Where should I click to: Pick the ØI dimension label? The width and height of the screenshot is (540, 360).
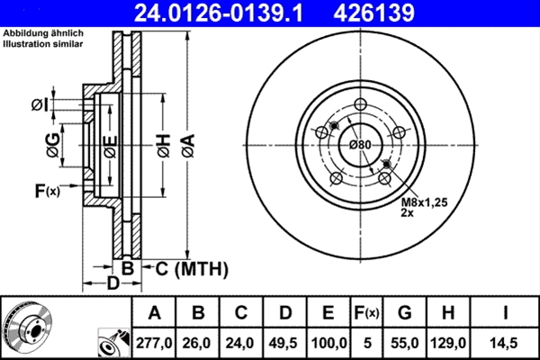coord(39,105)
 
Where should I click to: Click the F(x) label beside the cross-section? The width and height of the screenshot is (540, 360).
coord(46,191)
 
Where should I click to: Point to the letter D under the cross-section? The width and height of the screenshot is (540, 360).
coord(113,285)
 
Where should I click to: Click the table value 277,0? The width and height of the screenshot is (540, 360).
coord(154,342)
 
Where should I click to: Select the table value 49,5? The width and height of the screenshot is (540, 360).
coord(284,342)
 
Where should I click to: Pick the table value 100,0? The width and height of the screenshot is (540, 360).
coord(328,342)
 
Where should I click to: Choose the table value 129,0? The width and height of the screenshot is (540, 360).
coord(447,342)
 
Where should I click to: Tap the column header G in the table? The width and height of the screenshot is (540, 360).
coord(405,313)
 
